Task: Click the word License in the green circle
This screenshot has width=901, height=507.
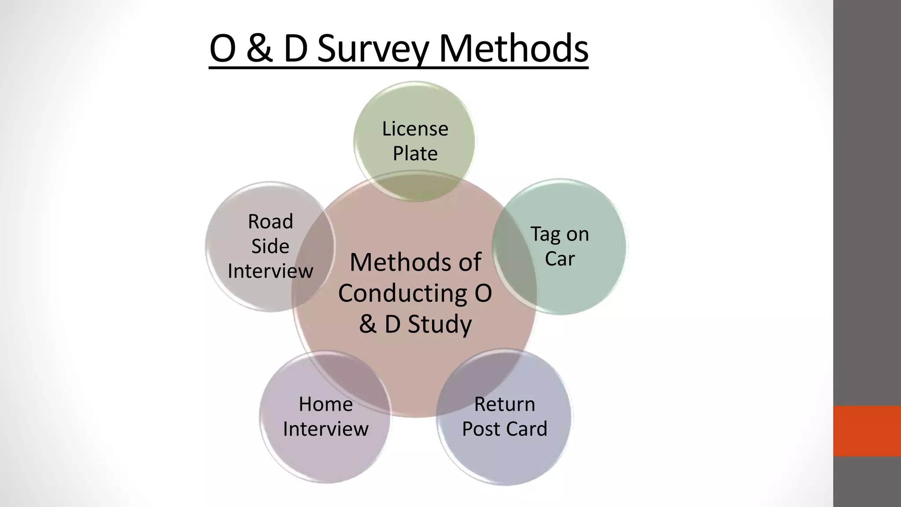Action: (415, 129)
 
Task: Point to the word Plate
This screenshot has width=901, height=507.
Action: (415, 154)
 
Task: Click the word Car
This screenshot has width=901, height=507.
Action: (560, 259)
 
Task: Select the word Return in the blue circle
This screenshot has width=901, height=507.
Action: (504, 404)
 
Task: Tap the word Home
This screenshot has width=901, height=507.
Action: (326, 404)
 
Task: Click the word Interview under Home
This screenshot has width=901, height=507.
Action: (326, 429)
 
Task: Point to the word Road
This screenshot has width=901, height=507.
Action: (270, 221)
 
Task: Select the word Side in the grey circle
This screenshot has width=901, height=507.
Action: (270, 246)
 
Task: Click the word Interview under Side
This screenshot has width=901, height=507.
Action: (270, 271)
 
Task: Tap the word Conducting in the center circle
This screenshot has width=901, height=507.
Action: (401, 293)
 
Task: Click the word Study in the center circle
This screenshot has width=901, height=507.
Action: (440, 324)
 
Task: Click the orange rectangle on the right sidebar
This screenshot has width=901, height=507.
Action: (867, 430)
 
